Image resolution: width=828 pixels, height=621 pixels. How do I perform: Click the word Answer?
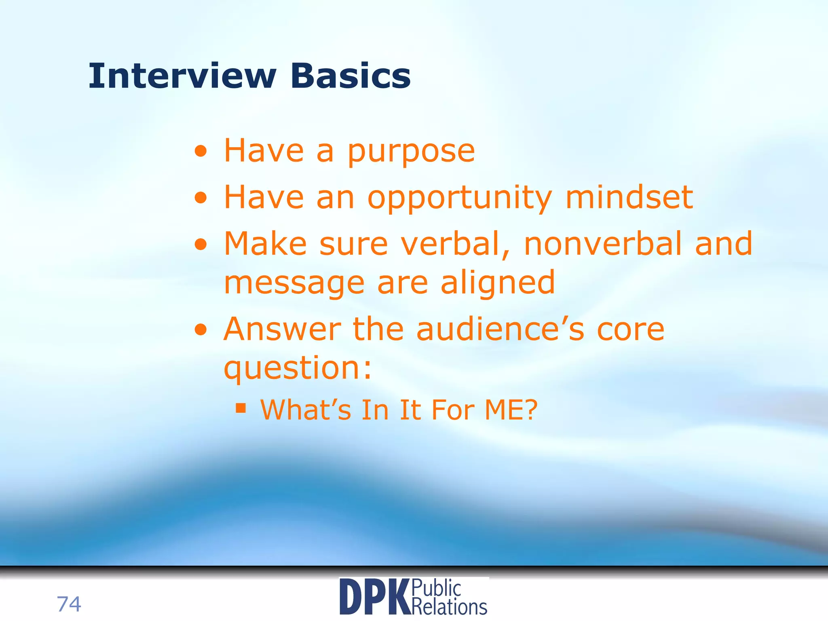coord(282,330)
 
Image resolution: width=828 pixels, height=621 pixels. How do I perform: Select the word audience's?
coord(500,330)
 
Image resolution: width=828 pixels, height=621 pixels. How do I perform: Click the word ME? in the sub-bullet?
coord(511,410)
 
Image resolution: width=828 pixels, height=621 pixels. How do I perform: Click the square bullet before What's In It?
coord(241,408)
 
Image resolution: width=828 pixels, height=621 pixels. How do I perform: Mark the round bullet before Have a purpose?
coord(201,152)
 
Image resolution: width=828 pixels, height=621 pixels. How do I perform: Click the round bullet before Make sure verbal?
coord(201,245)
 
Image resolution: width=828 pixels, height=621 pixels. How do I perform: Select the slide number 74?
coord(69,604)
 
